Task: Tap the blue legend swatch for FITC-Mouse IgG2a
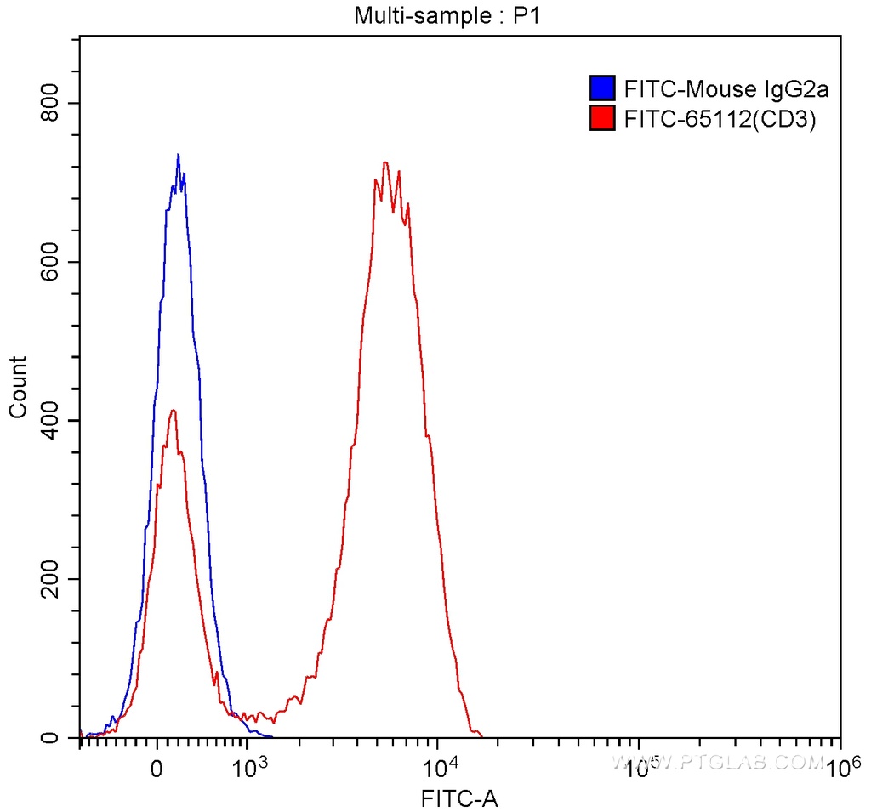point(602,88)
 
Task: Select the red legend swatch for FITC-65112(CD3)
point(602,119)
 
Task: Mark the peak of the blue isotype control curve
point(178,156)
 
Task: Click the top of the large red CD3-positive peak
point(385,163)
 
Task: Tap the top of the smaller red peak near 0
point(174,411)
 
